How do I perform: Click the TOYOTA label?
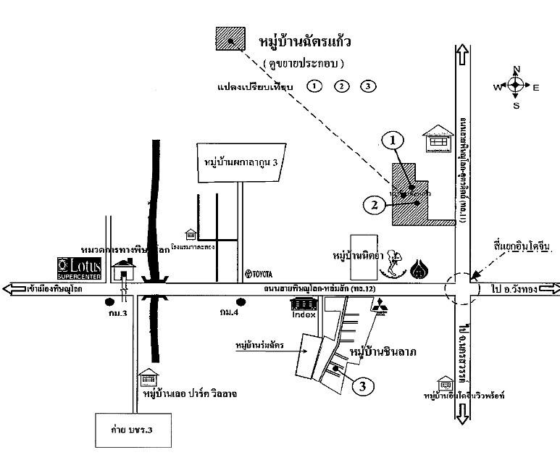pos(258,273)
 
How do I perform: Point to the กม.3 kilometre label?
pos(112,313)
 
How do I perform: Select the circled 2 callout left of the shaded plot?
pos(374,204)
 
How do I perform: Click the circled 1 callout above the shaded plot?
pos(393,141)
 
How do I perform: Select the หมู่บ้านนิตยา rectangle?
pos(363,256)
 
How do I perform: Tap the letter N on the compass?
pos(517,70)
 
